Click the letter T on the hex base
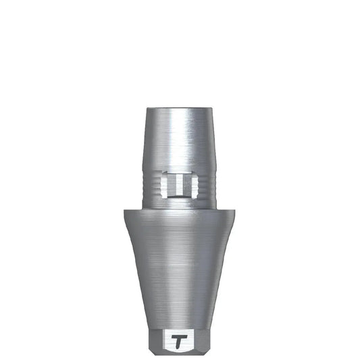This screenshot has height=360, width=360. (x=180, y=340)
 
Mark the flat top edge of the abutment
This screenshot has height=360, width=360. (x=180, y=107)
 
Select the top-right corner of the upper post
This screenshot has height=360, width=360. (x=211, y=108)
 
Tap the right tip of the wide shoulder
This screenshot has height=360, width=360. (x=238, y=211)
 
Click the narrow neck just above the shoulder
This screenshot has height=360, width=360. (x=180, y=202)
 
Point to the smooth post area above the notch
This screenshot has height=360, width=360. (x=180, y=138)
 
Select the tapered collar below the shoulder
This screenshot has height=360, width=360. (x=180, y=270)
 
